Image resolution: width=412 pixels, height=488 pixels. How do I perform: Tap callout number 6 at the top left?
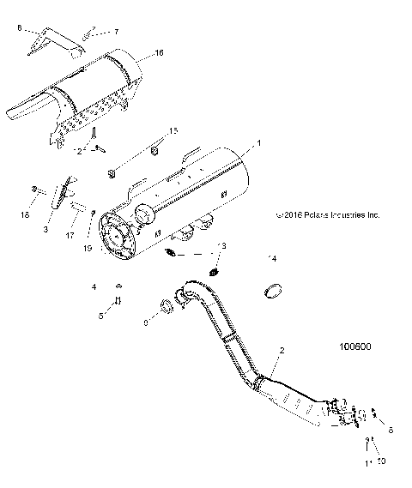[x=19, y=28]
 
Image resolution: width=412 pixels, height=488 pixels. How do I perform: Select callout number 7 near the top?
[x=118, y=31]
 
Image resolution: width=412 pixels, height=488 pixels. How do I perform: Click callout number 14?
[x=273, y=258]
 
